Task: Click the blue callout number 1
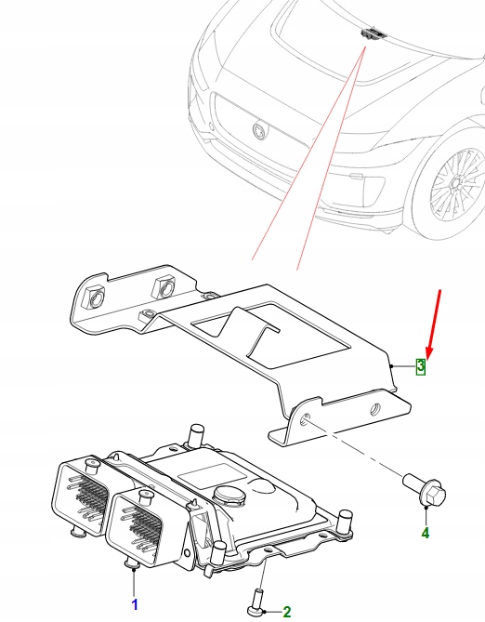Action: [134, 604]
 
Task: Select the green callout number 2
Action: [286, 611]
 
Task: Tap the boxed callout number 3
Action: [420, 366]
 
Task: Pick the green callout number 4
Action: [425, 533]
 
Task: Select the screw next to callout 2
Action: [256, 600]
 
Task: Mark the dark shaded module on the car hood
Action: [372, 34]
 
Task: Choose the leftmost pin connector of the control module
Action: [85, 498]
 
